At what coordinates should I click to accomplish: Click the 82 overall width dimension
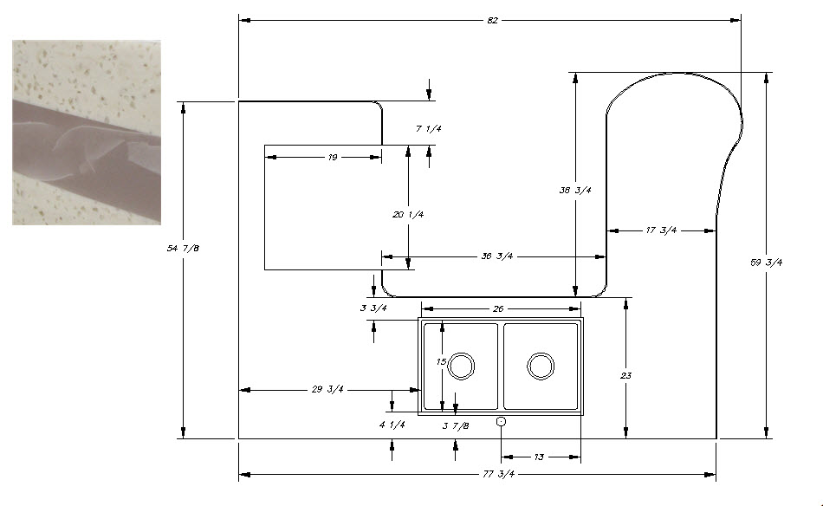point(493,20)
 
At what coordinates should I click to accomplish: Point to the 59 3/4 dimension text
point(766,263)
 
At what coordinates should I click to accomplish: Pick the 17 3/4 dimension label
point(661,230)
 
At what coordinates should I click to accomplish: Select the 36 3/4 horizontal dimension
point(498,256)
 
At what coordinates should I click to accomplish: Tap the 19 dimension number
point(333,158)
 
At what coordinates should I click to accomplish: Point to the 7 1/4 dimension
point(429,129)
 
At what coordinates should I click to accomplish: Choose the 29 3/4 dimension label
point(327,390)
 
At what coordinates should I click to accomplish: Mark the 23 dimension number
point(625,376)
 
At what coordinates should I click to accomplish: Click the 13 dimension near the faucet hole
point(539,457)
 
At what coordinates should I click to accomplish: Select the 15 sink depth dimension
point(442,363)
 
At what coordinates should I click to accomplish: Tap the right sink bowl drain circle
point(541,366)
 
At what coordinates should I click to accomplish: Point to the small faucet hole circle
point(501,421)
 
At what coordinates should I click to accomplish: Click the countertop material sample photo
point(87,133)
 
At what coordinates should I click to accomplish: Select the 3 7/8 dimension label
point(456,425)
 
